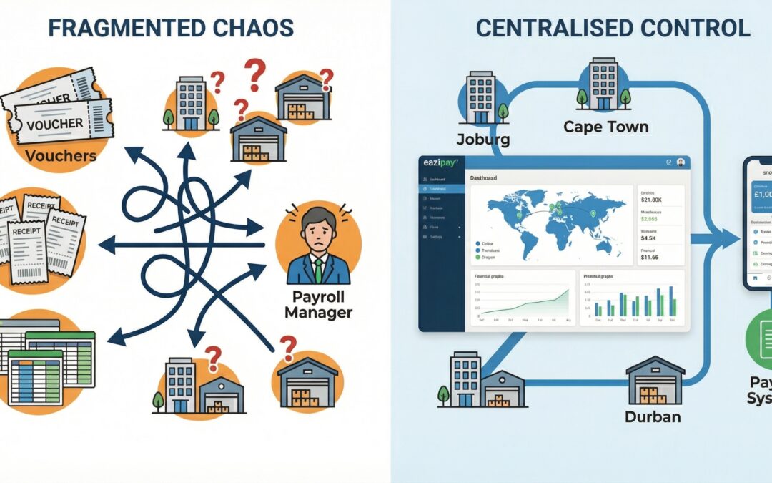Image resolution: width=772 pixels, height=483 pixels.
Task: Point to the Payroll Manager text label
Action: click(318, 304)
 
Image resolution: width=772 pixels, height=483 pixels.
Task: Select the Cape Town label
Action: click(605, 127)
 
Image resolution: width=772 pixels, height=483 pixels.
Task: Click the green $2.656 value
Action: click(651, 220)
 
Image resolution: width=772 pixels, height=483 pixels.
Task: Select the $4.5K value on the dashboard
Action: click(649, 239)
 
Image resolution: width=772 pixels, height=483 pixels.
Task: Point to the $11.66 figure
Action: click(650, 257)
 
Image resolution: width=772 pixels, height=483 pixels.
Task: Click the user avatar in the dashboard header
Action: click(680, 163)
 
